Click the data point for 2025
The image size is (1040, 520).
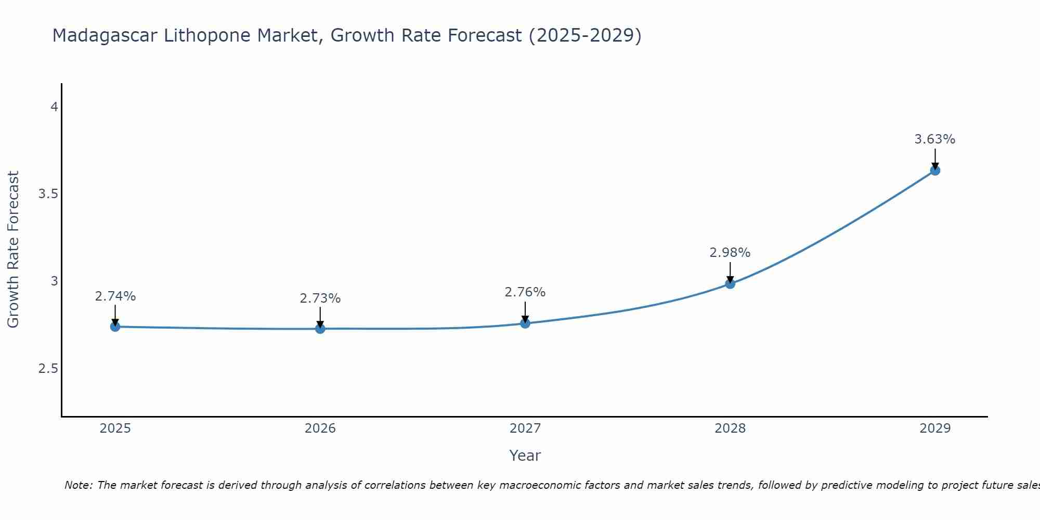[115, 327]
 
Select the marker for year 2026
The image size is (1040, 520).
[320, 329]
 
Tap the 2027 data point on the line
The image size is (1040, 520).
[525, 323]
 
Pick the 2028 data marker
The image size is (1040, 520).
[730, 283]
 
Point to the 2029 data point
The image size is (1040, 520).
[935, 170]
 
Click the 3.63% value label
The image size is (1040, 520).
[935, 139]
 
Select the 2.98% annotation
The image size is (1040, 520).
[730, 253]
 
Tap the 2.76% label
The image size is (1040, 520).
[525, 292]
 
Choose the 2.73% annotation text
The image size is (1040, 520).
[320, 298]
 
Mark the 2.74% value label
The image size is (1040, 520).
[115, 296]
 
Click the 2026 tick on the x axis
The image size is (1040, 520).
[320, 428]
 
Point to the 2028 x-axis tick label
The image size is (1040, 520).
[730, 428]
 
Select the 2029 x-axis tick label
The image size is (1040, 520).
[935, 428]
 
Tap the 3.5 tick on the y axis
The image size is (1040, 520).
[48, 194]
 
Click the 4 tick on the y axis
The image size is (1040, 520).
[54, 107]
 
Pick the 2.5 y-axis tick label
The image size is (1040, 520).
[48, 369]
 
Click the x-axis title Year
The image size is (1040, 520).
[525, 456]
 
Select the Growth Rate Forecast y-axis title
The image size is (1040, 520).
[14, 250]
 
